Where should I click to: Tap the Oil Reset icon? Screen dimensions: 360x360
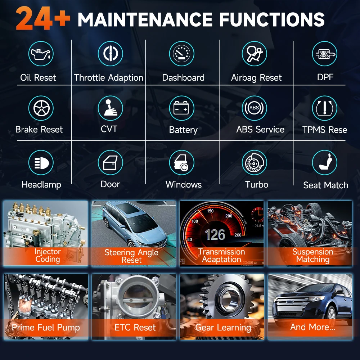41,54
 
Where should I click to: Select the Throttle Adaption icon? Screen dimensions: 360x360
111,54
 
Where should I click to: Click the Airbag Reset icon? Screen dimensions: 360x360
254,54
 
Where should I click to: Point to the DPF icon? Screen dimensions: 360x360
324,54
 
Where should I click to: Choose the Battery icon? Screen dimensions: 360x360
181,108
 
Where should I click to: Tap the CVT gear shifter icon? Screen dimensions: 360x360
111,108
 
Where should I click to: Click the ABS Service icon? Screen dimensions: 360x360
254,108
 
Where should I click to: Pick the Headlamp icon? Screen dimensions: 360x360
41,163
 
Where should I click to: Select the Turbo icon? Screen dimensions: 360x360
254,163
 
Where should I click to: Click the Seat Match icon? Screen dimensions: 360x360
324,163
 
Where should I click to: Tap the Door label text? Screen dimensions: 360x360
110,184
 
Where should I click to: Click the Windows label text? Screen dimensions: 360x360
184,185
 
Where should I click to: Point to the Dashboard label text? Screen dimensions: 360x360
183,77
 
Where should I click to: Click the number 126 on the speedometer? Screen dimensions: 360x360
215,235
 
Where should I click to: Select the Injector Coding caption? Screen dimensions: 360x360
48,255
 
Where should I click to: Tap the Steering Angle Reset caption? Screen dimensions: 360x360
131,256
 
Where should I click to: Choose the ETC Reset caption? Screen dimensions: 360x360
135,327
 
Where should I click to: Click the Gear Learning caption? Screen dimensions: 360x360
223,328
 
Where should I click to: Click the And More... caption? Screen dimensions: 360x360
312,327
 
